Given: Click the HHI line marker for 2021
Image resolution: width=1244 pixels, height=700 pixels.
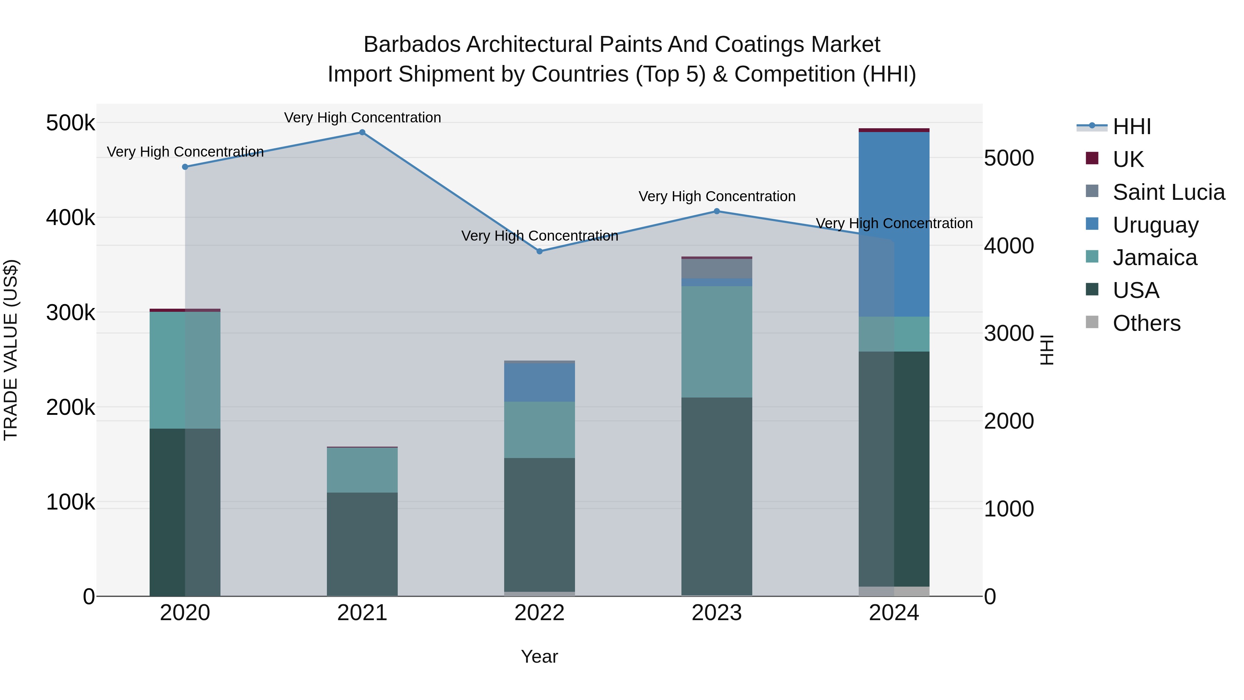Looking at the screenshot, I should [x=362, y=132].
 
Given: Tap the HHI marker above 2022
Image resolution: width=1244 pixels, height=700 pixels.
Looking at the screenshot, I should [x=540, y=251].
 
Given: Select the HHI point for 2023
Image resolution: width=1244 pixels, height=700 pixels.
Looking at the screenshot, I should [x=717, y=211].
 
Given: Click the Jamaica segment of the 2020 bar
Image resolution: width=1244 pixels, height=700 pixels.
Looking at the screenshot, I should [x=185, y=370].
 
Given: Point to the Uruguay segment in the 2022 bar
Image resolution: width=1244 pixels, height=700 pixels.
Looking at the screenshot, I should [x=540, y=382].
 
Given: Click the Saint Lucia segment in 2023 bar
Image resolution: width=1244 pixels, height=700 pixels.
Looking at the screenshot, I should [x=717, y=269].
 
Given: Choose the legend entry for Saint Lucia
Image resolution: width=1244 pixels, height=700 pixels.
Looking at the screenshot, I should [x=1169, y=192].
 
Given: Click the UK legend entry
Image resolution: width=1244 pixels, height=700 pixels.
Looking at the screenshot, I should [x=1128, y=159].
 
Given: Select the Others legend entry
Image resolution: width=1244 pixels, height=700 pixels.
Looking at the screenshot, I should [x=1147, y=323].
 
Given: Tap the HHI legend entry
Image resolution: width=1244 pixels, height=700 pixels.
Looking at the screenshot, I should [x=1132, y=127].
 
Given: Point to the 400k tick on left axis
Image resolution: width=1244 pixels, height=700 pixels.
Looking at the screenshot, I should [x=70, y=218].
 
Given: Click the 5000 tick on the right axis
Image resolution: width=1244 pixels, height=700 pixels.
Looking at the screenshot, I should [x=1009, y=158].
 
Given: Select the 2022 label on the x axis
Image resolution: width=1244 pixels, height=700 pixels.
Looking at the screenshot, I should [x=539, y=613].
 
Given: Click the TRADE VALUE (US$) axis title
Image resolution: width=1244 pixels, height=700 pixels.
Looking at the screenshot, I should [x=11, y=350].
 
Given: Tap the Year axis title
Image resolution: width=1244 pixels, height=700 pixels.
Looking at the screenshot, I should [x=539, y=656].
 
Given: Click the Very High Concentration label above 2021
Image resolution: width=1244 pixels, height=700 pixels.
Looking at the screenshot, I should [x=362, y=118].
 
